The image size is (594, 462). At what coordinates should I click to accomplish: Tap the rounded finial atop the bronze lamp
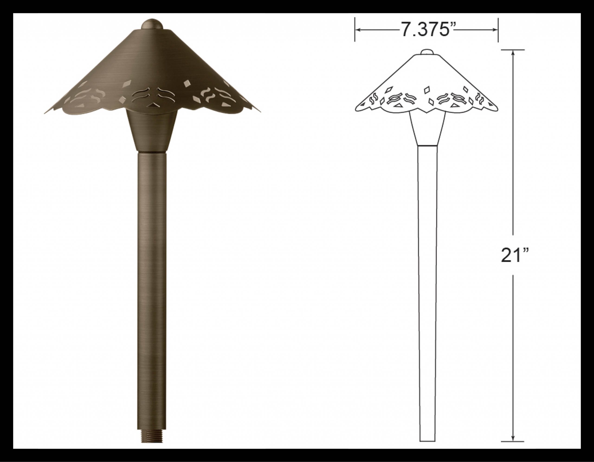(152, 24)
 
